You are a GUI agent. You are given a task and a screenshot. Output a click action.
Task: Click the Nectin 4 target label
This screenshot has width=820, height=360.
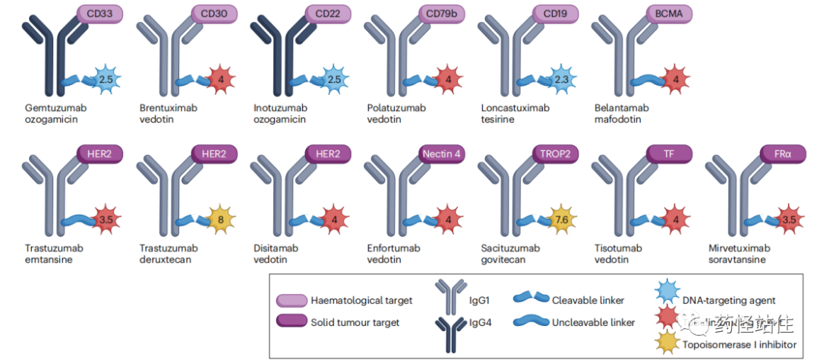(442, 153)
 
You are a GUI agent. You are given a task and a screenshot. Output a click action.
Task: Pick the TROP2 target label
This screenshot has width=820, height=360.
(556, 153)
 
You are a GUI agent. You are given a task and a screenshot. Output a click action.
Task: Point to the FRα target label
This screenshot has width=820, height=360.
(783, 153)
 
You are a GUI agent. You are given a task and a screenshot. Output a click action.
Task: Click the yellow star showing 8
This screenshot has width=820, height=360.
(220, 219)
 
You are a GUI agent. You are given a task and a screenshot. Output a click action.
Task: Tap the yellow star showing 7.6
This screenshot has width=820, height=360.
(562, 219)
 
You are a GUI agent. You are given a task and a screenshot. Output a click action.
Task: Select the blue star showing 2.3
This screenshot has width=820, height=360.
(562, 79)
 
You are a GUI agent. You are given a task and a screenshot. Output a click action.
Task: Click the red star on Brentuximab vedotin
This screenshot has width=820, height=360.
(220, 79)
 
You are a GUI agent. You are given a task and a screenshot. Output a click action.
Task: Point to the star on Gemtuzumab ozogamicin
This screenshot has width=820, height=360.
(107, 79)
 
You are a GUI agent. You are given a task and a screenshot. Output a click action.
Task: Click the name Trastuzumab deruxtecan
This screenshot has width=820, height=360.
(169, 254)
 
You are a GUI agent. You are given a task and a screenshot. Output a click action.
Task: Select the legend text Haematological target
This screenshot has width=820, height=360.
(361, 300)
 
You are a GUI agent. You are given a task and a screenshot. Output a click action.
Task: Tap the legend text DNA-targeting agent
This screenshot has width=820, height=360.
(729, 301)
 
